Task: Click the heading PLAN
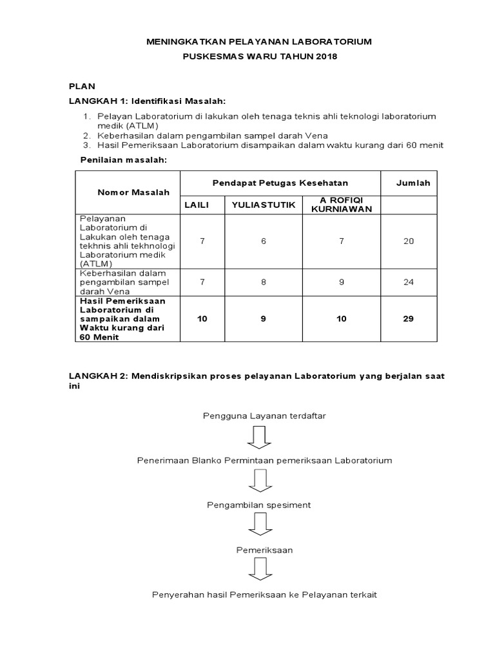click(82, 86)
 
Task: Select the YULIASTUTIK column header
click(263, 205)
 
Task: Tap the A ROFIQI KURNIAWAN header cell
click(341, 205)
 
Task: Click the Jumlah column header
click(412, 183)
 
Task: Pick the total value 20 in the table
click(408, 241)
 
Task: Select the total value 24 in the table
click(408, 281)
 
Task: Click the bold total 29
click(408, 319)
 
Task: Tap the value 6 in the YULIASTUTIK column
click(263, 241)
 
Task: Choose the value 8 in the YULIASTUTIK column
click(263, 281)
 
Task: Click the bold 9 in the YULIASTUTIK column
click(263, 319)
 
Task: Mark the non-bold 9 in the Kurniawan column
click(341, 281)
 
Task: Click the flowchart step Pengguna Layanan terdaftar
click(264, 416)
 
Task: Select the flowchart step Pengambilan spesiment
click(258, 505)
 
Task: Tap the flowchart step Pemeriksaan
click(263, 550)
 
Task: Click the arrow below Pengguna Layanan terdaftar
click(259, 437)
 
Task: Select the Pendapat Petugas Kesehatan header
click(280, 183)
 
